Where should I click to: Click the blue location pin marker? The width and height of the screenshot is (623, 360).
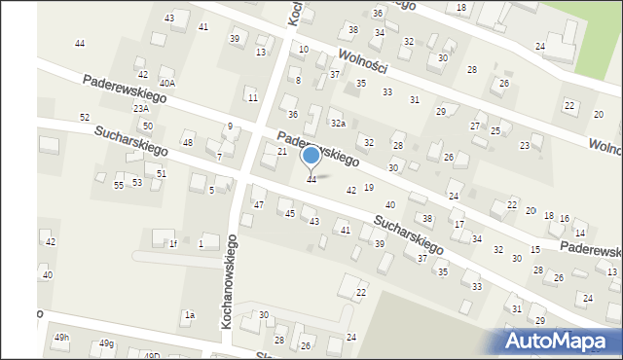click(311, 156)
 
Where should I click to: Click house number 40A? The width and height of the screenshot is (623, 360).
click(167, 84)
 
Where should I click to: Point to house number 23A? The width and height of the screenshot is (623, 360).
click(141, 109)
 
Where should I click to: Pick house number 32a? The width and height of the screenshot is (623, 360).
click(338, 124)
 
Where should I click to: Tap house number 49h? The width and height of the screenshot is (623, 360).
click(62, 337)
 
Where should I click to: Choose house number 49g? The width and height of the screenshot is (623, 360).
click(106, 343)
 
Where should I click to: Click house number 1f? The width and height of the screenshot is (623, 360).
click(173, 244)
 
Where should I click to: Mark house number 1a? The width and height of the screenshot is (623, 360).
click(190, 315)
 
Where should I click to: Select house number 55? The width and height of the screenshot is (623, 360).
click(119, 185)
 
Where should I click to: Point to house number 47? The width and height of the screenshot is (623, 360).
click(259, 205)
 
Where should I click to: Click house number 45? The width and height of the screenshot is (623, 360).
click(289, 213)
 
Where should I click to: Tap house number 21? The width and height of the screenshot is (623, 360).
click(282, 152)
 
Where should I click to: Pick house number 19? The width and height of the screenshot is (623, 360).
click(369, 187)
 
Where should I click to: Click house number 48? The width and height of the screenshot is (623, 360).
click(188, 143)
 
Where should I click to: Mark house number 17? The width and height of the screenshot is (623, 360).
click(458, 225)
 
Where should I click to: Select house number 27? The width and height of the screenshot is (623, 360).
click(475, 126)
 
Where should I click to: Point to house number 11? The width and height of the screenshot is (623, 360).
click(252, 97)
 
